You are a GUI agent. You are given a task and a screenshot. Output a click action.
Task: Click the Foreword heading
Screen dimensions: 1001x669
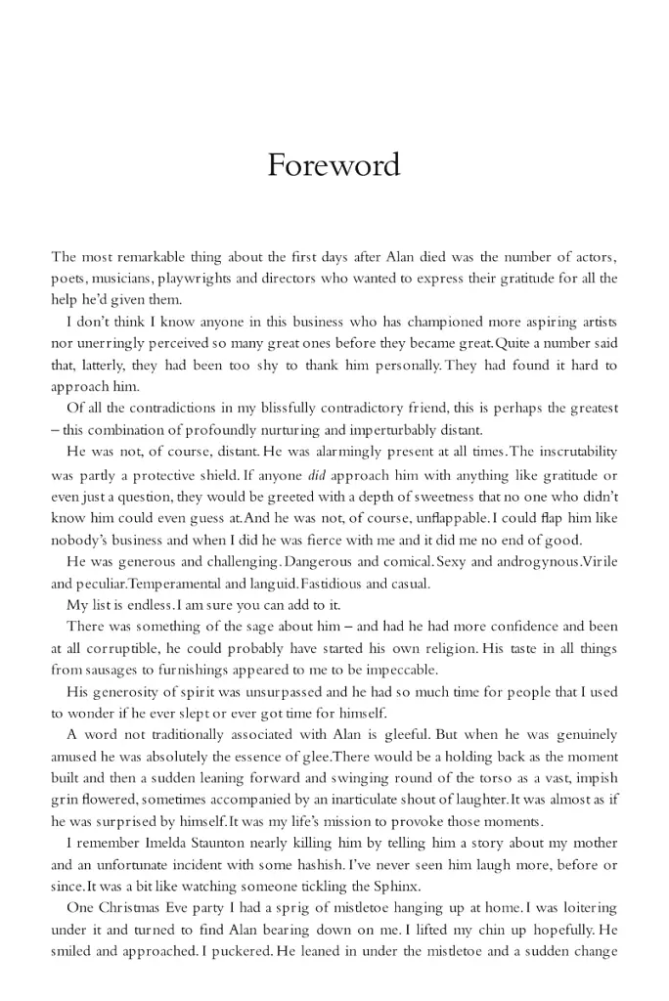(x=334, y=164)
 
